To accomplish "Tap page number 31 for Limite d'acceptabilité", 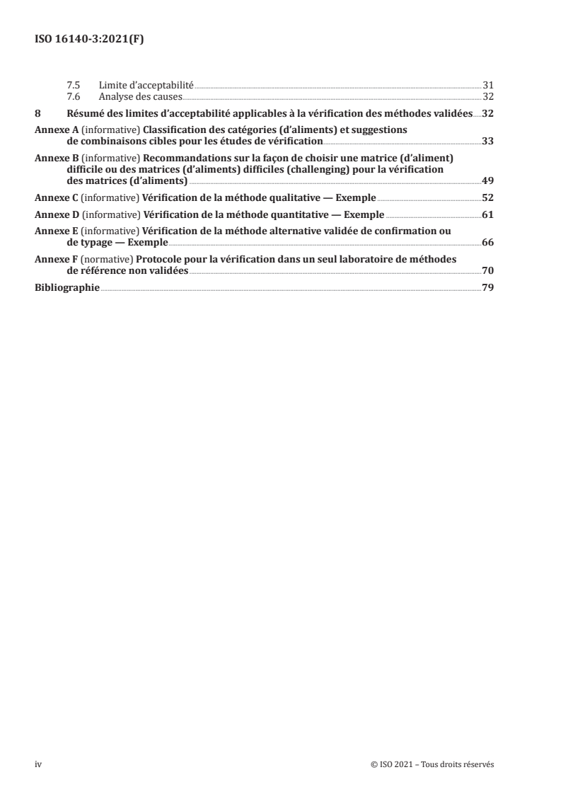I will pos(487,84).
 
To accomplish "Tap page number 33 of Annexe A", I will pos(487,141).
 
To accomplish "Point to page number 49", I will pos(487,180).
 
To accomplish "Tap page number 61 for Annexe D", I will pos(487,214).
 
